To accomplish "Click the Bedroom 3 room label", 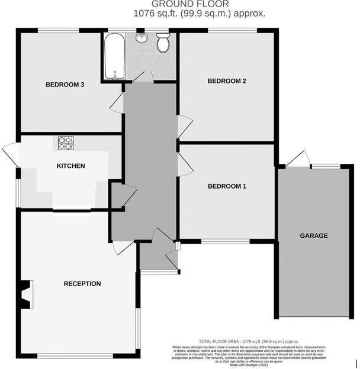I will pyautogui.click(x=65, y=85).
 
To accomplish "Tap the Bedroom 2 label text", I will pyautogui.click(x=226, y=81).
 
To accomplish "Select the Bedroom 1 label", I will pyautogui.click(x=226, y=186).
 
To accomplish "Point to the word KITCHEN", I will pyautogui.click(x=70, y=166).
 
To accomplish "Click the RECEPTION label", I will pyautogui.click(x=82, y=284).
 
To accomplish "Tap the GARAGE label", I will pyautogui.click(x=313, y=236).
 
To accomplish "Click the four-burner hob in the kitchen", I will pyautogui.click(x=66, y=143).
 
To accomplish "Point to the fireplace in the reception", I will pyautogui.click(x=26, y=294).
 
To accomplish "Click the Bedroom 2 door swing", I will pyautogui.click(x=185, y=127).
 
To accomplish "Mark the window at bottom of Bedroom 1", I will pyautogui.click(x=225, y=241).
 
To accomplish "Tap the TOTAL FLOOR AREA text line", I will pyautogui.click(x=249, y=342).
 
